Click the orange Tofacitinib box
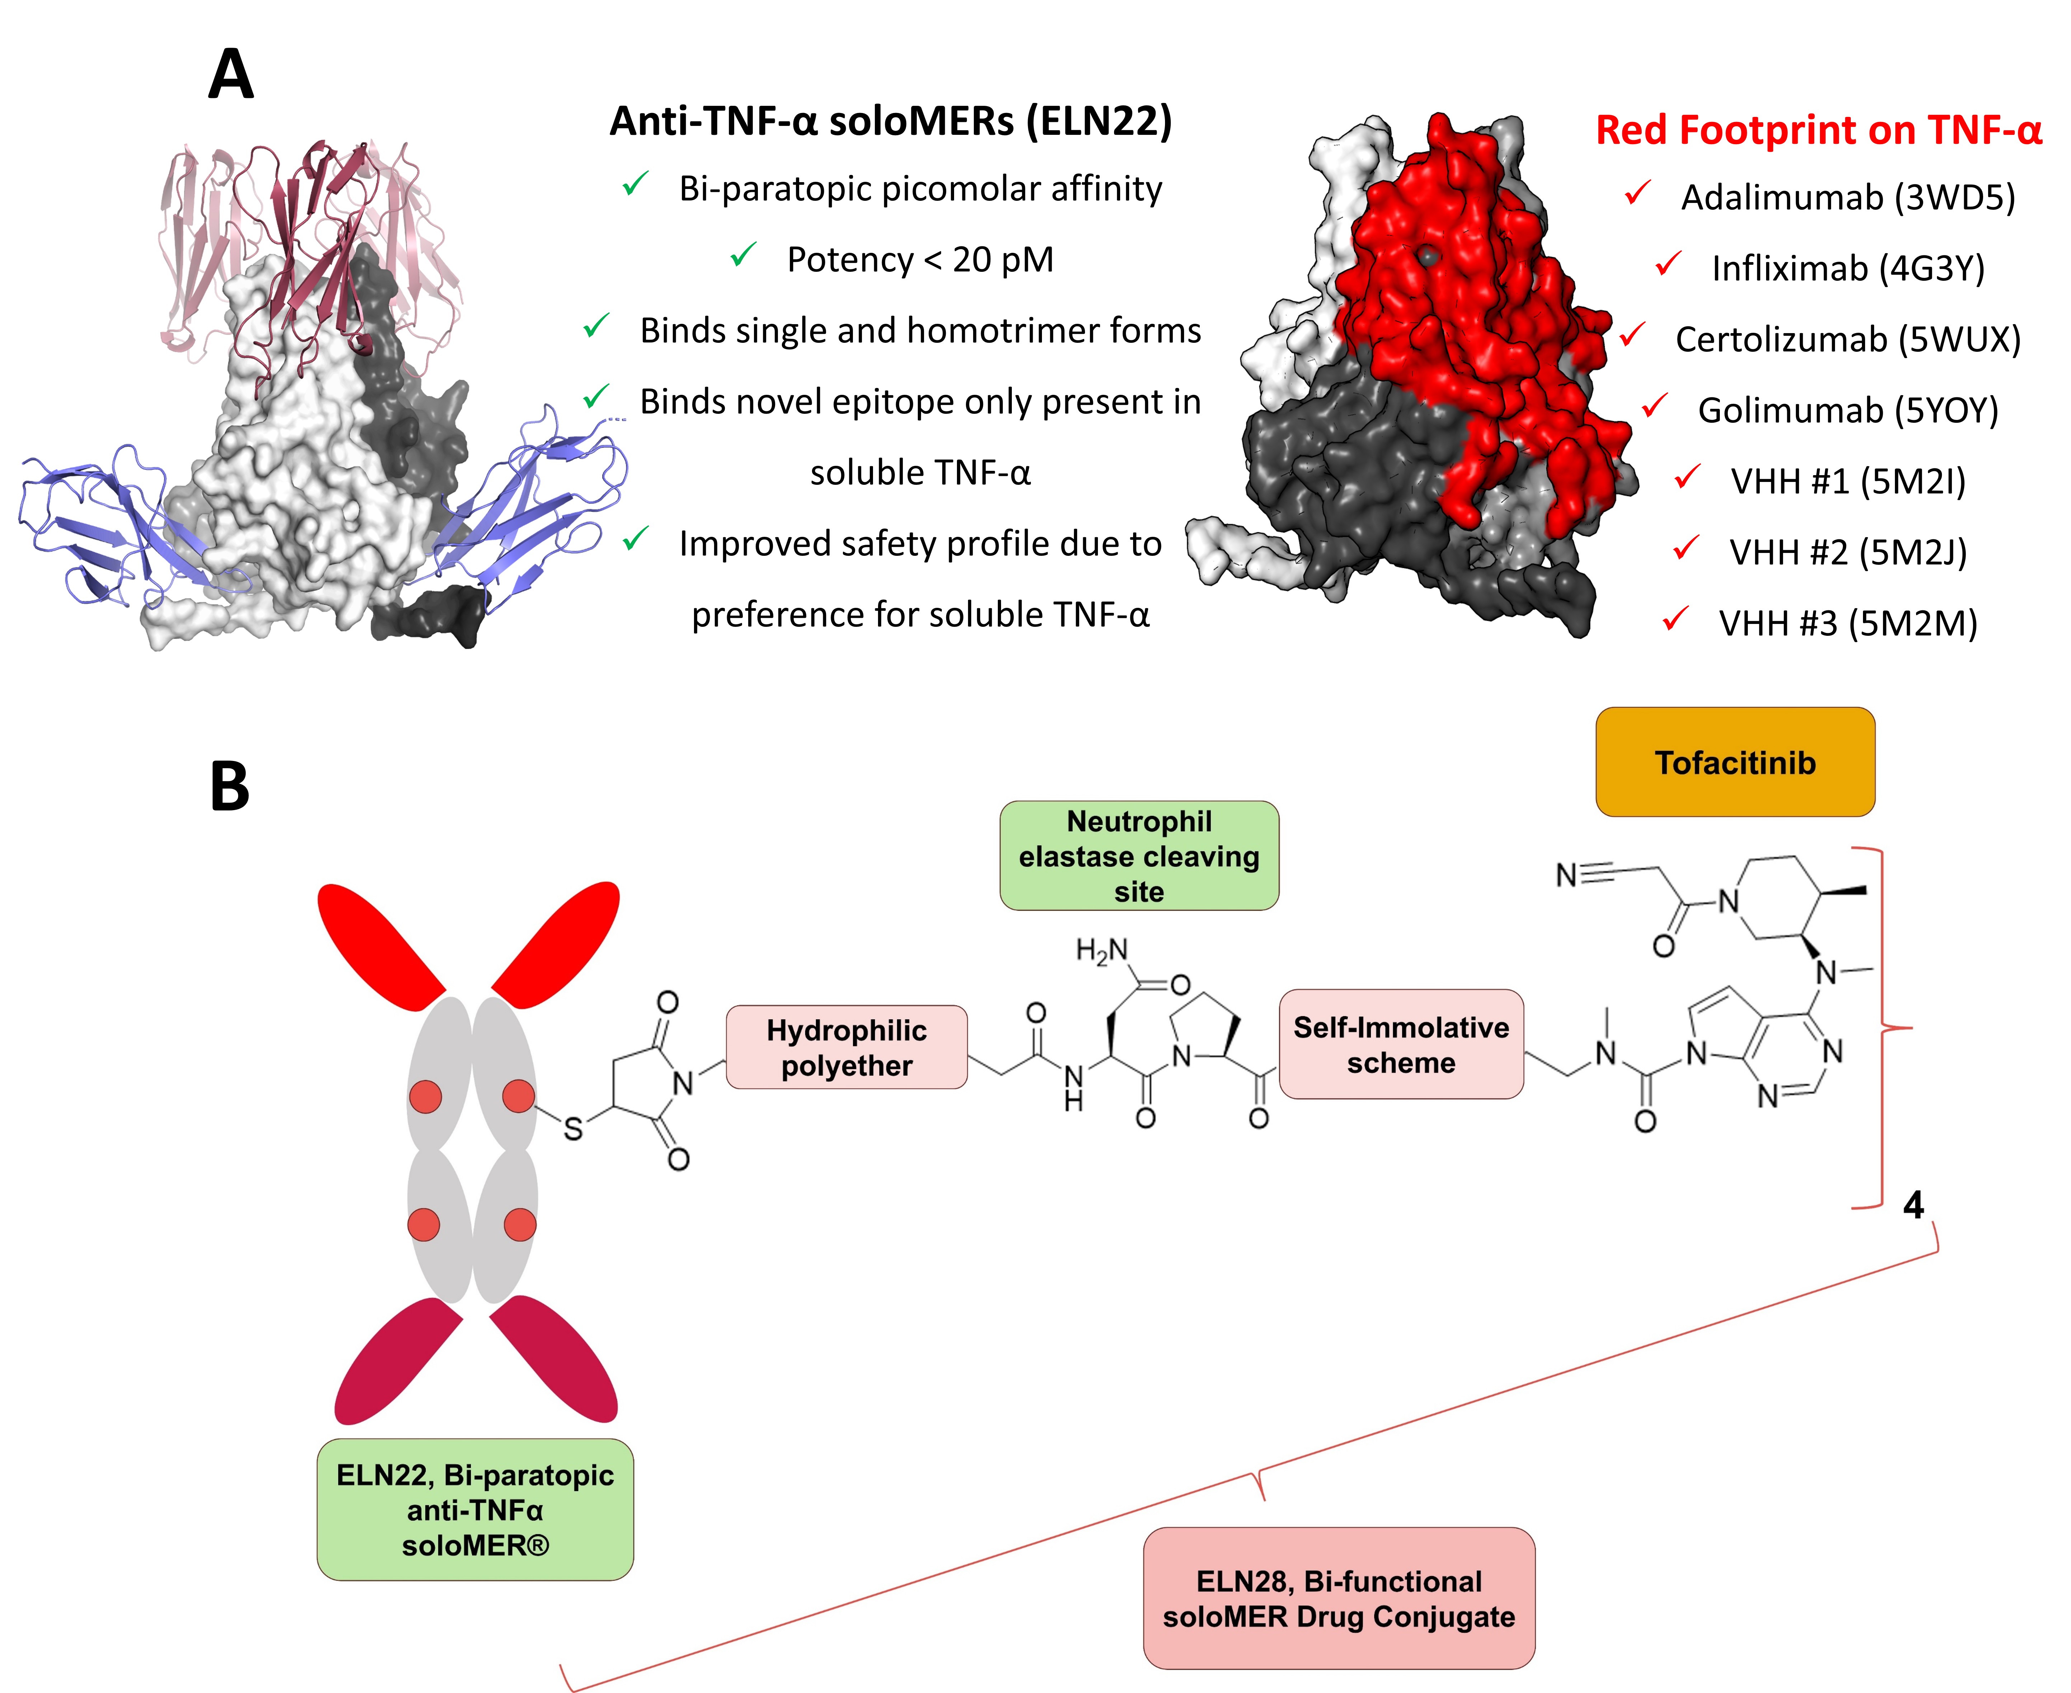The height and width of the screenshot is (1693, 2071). [x=1735, y=762]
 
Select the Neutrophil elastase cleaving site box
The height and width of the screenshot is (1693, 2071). [x=1138, y=855]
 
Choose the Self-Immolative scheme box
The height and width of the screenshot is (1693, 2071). [x=1401, y=1045]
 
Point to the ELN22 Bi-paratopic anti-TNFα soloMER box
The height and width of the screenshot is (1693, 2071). [x=475, y=1510]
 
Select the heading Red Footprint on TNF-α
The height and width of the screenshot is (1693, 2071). [x=1818, y=130]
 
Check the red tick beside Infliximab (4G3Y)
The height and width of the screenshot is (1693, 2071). [x=1668, y=263]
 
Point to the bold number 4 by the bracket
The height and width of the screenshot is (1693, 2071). [x=1913, y=1205]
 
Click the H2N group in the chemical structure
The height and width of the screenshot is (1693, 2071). [x=1101, y=950]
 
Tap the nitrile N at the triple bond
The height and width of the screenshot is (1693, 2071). [x=1566, y=875]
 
